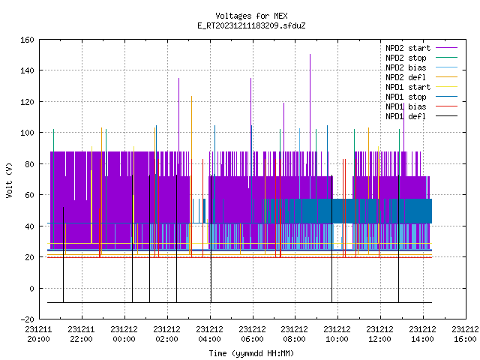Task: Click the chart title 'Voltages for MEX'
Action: click(x=251, y=16)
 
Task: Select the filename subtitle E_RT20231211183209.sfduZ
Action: click(x=251, y=25)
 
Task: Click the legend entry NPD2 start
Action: click(x=408, y=48)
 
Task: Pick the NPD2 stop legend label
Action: click(x=406, y=58)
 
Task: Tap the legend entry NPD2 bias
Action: click(x=406, y=67)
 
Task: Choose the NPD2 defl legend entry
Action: click(x=406, y=77)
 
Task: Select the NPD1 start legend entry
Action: click(x=408, y=87)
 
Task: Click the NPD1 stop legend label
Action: click(x=406, y=97)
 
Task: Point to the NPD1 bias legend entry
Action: click(x=406, y=106)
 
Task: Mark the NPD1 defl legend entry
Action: click(x=406, y=117)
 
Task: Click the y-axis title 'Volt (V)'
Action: click(x=10, y=180)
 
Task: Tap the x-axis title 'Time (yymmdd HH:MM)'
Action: click(x=251, y=353)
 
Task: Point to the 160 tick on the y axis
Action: click(x=27, y=40)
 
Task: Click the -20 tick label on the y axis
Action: click(x=27, y=319)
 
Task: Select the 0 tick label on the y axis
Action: click(x=31, y=288)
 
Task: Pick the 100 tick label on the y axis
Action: click(x=27, y=133)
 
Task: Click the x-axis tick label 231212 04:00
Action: click(x=210, y=334)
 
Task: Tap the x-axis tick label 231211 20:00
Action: click(x=38, y=334)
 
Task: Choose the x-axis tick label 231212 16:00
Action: click(x=465, y=334)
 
